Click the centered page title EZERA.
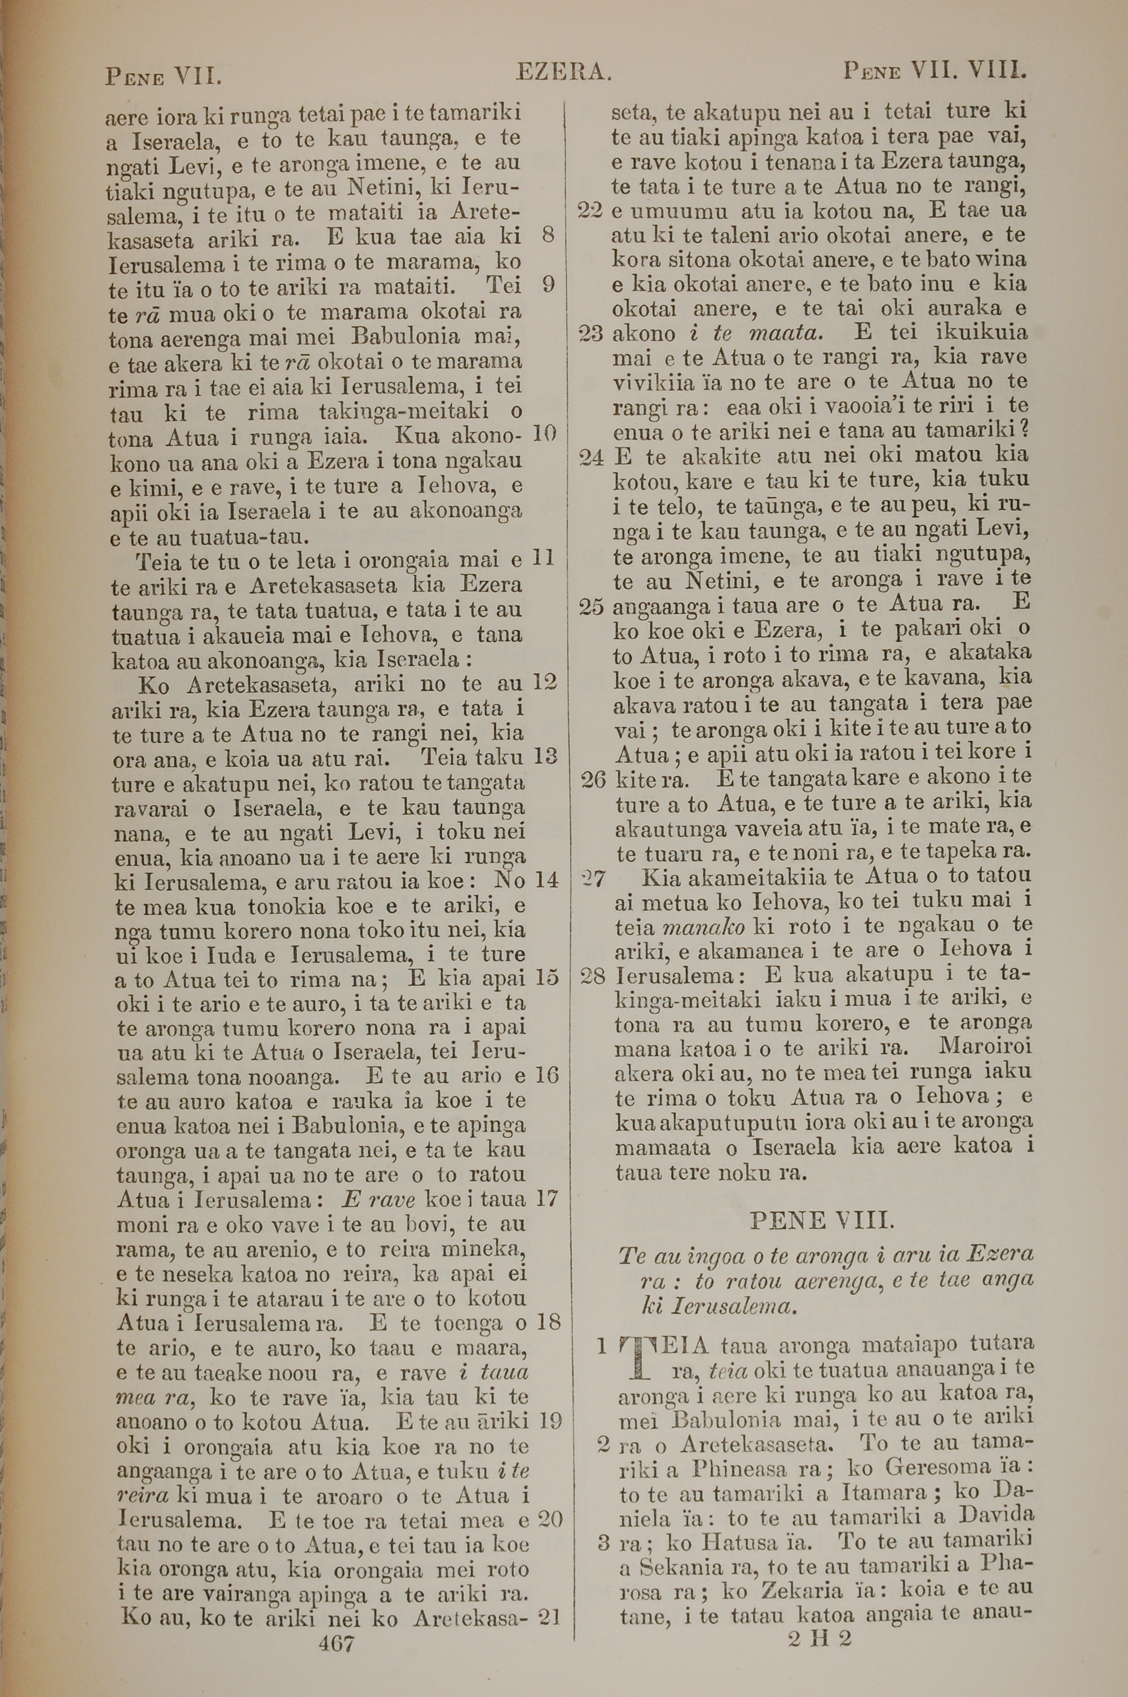click(x=563, y=72)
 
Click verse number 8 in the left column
click(x=548, y=235)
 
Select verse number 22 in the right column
click(x=590, y=212)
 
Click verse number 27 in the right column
click(x=593, y=877)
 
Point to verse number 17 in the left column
click(x=546, y=1198)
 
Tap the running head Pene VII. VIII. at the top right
click(x=934, y=72)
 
